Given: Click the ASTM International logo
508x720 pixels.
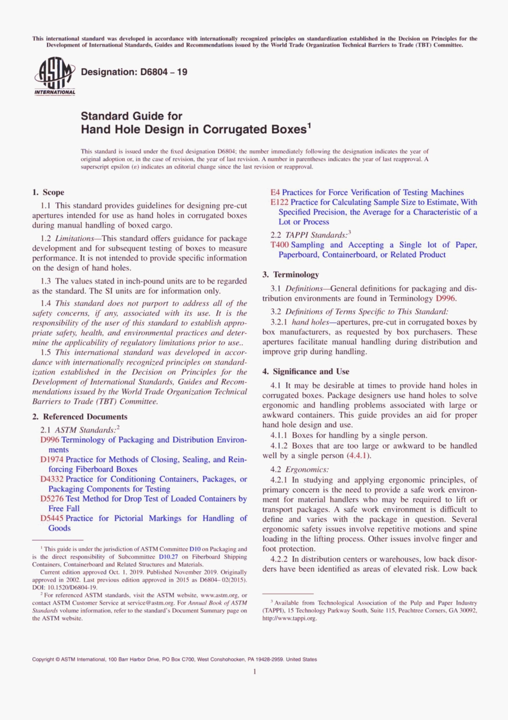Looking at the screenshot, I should [55, 76].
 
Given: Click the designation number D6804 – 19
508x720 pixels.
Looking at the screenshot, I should [134, 72].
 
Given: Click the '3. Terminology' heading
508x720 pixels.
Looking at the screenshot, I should [290, 275].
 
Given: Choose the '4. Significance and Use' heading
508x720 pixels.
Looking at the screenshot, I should [305, 372].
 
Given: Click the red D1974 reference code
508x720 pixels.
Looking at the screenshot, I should [52, 459].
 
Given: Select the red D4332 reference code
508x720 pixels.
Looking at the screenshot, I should [52, 479].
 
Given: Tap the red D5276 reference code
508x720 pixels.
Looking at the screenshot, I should [52, 498].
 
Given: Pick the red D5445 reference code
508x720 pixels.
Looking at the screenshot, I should [52, 518].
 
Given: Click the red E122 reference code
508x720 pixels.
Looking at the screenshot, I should [279, 202].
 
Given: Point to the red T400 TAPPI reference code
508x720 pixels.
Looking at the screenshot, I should [279, 245].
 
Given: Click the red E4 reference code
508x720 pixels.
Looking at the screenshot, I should [275, 192].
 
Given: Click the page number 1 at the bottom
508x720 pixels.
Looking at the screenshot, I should [255, 671].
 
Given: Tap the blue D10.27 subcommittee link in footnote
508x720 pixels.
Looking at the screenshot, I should [168, 557].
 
